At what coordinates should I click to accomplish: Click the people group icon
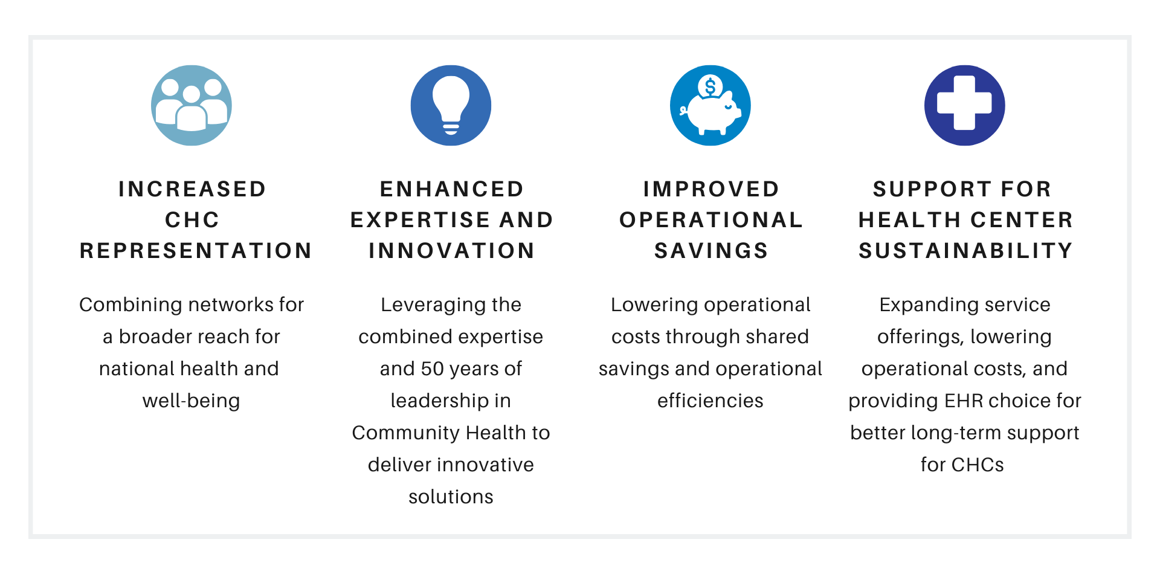(192, 105)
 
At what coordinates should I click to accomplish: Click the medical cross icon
(964, 105)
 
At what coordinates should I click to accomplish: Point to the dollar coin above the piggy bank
(710, 86)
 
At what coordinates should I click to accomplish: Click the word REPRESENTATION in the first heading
(196, 251)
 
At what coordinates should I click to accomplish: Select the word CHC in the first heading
(192, 220)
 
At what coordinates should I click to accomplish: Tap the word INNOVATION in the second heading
(451, 251)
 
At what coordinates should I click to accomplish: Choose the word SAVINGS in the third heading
(711, 251)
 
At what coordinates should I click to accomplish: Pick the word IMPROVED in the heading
(711, 189)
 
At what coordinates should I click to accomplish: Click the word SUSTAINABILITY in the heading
(965, 251)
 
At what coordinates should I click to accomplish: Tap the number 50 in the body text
(433, 369)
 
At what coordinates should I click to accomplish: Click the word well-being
(191, 401)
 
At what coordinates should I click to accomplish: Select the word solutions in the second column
(451, 497)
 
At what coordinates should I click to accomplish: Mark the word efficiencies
(710, 401)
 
